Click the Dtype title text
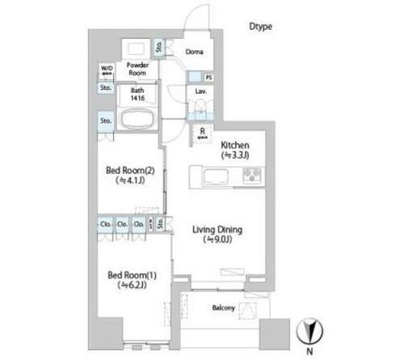pos(261,27)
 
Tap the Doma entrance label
pos(194,53)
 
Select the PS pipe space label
pos(209,78)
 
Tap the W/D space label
pos(106,70)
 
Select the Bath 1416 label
pos(136,94)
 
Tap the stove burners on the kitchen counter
pos(252,174)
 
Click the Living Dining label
pos(217,229)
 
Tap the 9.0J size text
pos(217,240)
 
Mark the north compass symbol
pos(310,330)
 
